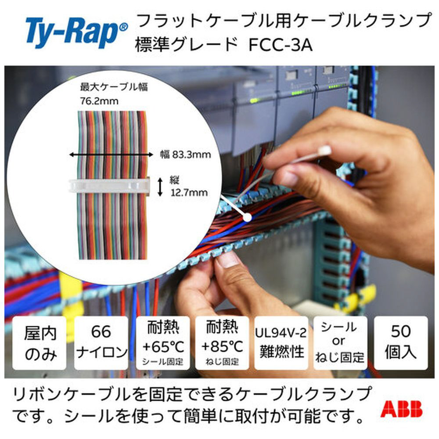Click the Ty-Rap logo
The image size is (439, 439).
tap(76, 32)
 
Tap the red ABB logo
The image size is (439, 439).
tap(401, 409)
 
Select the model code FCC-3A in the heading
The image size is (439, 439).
tap(281, 45)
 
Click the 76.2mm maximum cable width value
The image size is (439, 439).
tap(99, 101)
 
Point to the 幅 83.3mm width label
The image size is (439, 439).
tap(185, 154)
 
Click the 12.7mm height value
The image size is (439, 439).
tap(189, 193)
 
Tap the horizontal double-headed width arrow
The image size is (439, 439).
tap(112, 155)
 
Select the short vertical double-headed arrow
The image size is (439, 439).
tap(160, 187)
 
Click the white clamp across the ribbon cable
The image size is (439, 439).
tap(109, 186)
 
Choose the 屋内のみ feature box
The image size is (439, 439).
tap(40, 343)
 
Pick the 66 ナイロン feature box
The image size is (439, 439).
tap(101, 343)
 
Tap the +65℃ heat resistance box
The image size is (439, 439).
tap(163, 343)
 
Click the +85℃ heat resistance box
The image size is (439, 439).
tap(222, 343)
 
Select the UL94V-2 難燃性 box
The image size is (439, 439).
tap(281, 343)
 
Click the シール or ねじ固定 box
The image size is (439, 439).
tap(340, 343)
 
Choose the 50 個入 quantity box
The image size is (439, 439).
tap(401, 343)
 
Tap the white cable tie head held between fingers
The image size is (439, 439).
tap(324, 151)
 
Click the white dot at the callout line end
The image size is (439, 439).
tap(247, 217)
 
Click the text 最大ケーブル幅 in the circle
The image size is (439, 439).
tap(114, 87)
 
